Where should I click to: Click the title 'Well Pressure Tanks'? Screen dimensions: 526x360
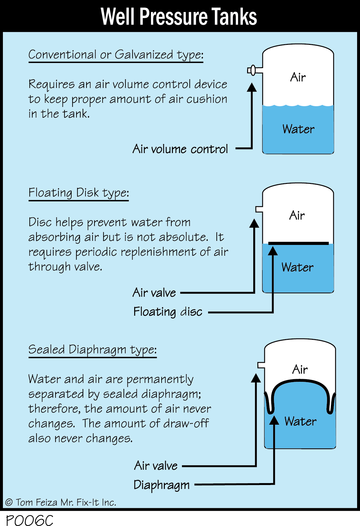pos(179,16)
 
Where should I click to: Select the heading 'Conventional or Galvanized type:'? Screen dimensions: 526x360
pos(116,55)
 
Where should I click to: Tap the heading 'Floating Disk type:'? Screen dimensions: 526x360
pos(79,193)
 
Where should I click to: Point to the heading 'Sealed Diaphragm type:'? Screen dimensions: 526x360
pos(93,350)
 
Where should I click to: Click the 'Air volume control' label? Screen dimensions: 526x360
pos(180,149)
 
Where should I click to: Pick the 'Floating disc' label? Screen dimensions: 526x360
pos(168,312)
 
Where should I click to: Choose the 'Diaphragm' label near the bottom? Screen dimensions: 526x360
pos(162,485)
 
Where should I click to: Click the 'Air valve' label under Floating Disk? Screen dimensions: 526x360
pos(154,293)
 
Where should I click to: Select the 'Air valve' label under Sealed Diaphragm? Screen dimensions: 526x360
pos(156,466)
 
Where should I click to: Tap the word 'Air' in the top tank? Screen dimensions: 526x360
pos(298,77)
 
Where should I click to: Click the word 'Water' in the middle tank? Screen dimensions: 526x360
pos(297,268)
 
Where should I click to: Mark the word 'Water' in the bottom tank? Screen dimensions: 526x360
pos(300,421)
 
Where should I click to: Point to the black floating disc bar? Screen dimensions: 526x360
pos(298,243)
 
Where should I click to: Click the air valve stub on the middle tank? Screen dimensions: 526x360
pos(259,209)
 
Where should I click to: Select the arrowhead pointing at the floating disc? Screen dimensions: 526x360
pos(273,251)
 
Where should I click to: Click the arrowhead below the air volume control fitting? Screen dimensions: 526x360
pos(252,87)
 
